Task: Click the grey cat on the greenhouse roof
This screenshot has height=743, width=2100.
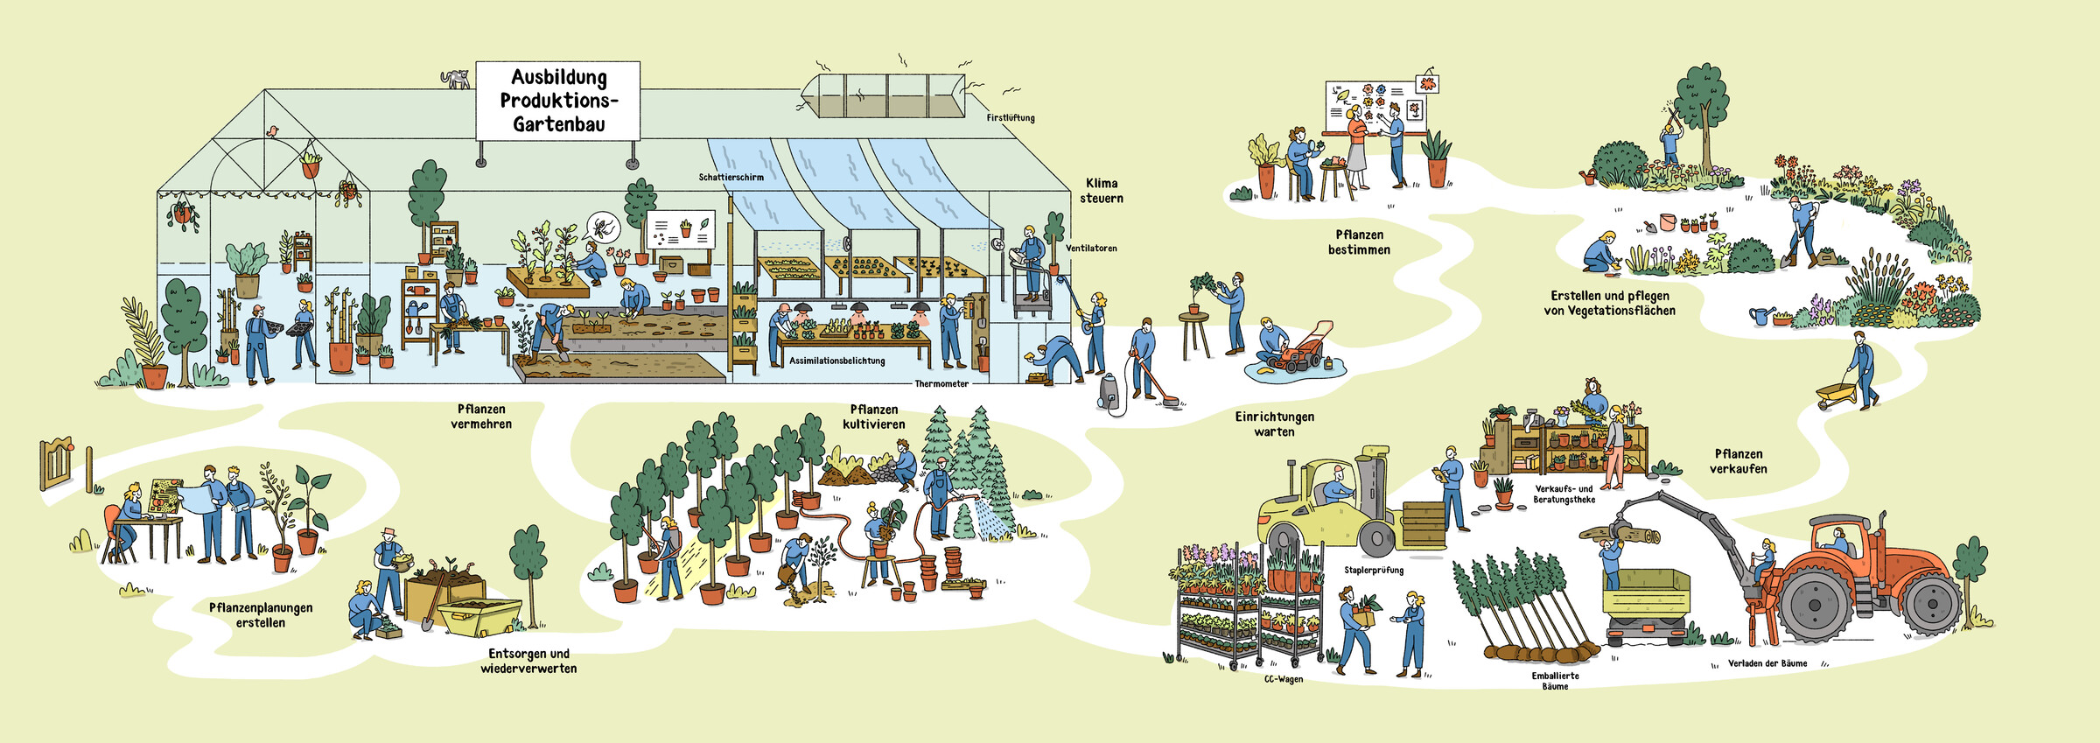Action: [x=455, y=79]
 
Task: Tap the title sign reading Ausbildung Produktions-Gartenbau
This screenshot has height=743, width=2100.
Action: [x=558, y=101]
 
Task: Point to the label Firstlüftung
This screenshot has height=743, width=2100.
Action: [x=1011, y=118]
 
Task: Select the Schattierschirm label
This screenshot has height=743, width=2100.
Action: [x=731, y=178]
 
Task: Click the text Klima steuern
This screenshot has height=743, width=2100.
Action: [x=1102, y=191]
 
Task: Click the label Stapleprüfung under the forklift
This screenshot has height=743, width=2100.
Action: [x=1374, y=571]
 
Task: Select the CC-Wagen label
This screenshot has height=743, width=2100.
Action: [x=1284, y=679]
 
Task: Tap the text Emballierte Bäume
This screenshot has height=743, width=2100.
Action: [x=1555, y=681]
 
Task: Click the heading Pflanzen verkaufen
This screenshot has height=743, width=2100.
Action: [x=1739, y=461]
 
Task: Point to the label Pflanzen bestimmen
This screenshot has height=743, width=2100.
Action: [x=1359, y=242]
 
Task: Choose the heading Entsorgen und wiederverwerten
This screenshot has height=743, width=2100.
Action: [x=528, y=661]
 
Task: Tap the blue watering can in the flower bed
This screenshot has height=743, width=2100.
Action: [x=1760, y=315]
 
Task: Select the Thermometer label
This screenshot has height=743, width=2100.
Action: [x=941, y=384]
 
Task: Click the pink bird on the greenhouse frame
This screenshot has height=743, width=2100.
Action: [x=273, y=131]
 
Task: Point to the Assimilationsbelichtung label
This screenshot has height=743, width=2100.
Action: [x=836, y=361]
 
